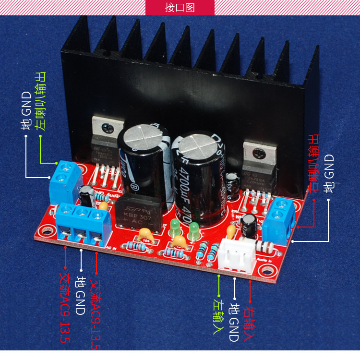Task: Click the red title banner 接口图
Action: click(x=180, y=7)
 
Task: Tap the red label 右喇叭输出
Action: click(x=314, y=164)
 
